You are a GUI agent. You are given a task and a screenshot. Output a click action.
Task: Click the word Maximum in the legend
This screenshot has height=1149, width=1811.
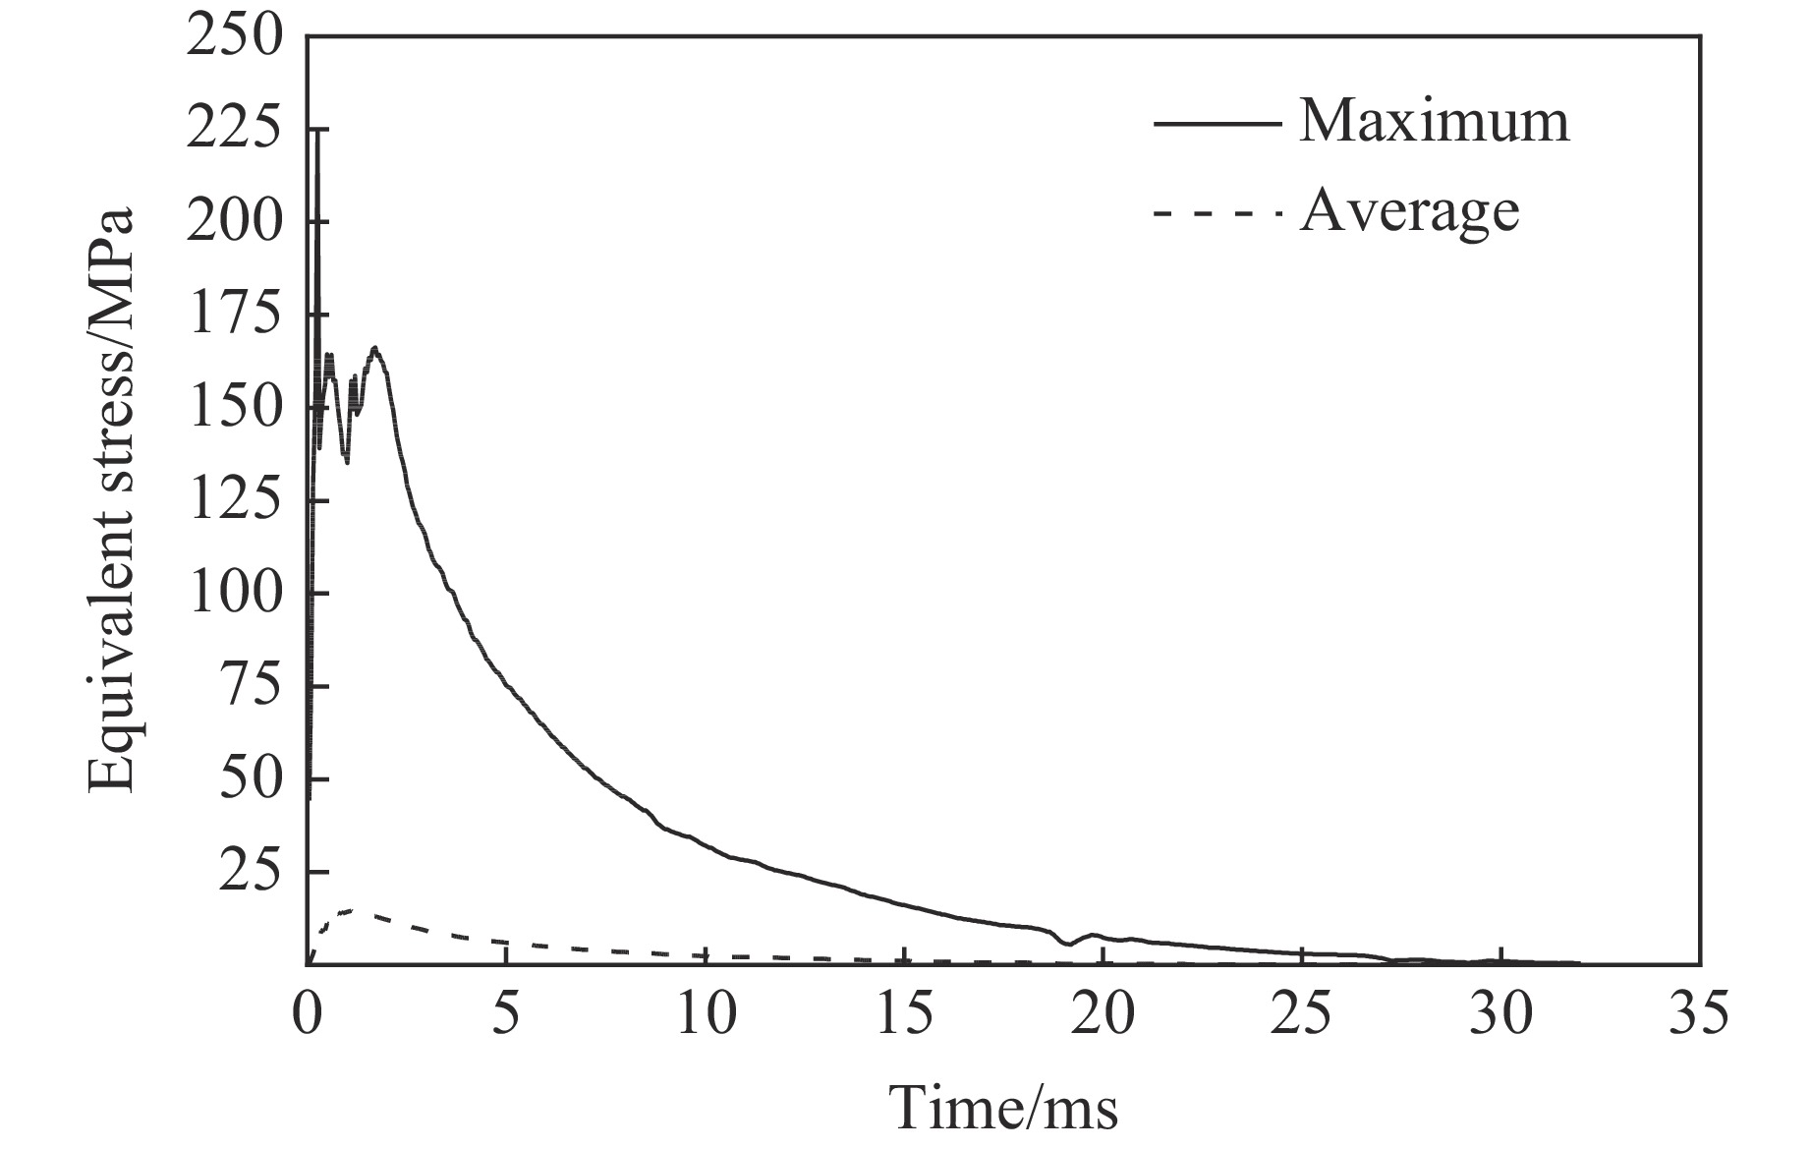pos(1434,122)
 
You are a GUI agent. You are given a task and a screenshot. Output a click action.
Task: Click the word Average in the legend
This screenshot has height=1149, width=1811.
pos(1409,211)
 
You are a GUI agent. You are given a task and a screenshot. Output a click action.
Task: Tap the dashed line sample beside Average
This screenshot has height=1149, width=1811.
pos(1217,213)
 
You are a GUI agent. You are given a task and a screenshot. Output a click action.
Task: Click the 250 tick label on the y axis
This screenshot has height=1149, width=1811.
pos(235,38)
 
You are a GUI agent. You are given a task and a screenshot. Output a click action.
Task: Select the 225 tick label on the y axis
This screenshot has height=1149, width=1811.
pos(235,131)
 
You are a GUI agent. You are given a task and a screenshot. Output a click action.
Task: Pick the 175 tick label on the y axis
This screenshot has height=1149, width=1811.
pos(235,316)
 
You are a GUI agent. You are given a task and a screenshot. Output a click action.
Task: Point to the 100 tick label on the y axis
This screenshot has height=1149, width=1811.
pos(235,595)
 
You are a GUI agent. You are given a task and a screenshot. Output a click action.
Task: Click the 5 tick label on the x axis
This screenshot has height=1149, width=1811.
pos(505,1013)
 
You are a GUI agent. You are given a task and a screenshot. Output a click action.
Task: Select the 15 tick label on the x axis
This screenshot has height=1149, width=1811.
pos(903,1013)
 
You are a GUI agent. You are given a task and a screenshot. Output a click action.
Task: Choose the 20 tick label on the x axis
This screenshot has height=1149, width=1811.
pos(1103,1013)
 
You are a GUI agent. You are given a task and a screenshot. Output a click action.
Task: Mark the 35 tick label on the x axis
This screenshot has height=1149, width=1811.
pos(1698,1013)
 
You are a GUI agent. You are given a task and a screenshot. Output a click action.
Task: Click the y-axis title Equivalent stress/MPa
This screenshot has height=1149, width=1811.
pos(111,499)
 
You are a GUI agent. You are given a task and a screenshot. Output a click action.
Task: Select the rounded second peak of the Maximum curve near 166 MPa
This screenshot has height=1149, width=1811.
pos(374,348)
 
